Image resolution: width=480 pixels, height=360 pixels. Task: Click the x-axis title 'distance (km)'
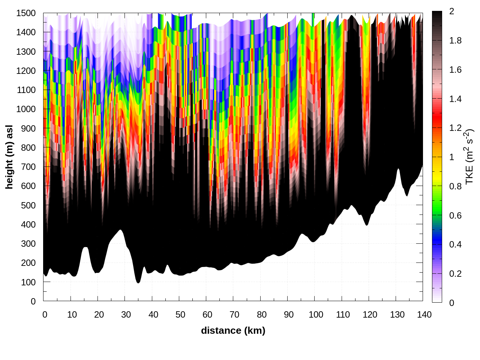(233, 330)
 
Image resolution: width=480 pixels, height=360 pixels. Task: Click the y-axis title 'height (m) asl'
(9, 157)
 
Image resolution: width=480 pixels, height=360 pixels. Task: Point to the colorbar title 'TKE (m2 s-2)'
(469, 157)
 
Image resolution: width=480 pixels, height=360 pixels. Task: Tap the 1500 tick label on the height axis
(26, 13)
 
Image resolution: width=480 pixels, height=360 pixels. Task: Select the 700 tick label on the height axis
(28, 166)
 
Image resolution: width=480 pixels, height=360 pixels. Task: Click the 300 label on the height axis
(28, 243)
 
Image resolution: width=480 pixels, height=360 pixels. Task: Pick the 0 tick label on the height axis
(33, 301)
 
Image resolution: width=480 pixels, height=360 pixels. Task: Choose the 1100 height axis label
(26, 90)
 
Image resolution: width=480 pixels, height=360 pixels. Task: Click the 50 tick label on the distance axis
(180, 315)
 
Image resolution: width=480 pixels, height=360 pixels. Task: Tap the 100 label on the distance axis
(316, 315)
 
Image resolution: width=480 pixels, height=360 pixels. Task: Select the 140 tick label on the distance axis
(424, 315)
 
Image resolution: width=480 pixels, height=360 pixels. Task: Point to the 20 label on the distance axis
(99, 315)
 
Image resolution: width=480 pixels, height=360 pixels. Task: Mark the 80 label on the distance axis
(262, 315)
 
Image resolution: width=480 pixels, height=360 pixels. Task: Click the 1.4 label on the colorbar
(456, 99)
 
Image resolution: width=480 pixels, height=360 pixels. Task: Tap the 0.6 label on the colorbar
(456, 215)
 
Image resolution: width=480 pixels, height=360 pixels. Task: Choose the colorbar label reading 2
(451, 11)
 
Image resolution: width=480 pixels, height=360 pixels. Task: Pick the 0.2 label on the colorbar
(456, 273)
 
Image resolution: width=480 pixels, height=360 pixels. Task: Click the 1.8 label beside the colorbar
(456, 40)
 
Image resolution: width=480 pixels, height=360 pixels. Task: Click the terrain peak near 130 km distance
(398, 169)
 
